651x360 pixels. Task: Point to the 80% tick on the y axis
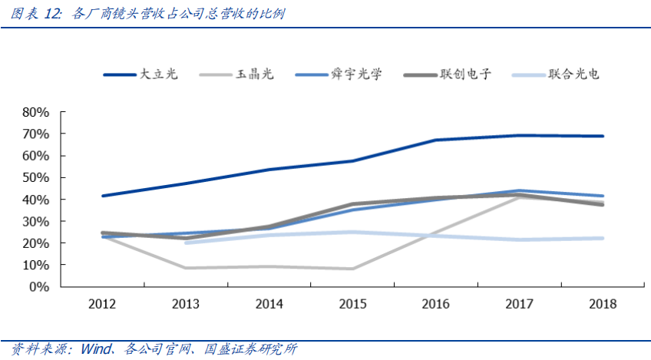click(36, 112)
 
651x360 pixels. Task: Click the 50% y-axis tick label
click(36, 177)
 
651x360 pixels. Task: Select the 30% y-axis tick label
click(36, 221)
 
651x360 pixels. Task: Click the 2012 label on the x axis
click(102, 304)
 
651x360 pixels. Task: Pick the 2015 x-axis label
click(352, 304)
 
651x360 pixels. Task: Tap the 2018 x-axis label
click(603, 304)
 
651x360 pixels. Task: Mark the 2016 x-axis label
click(436, 304)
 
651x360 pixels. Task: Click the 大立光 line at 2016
click(436, 140)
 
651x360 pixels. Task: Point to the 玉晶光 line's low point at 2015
click(352, 269)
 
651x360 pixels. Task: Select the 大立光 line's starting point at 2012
click(102, 196)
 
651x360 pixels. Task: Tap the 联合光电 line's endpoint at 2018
click(603, 238)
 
